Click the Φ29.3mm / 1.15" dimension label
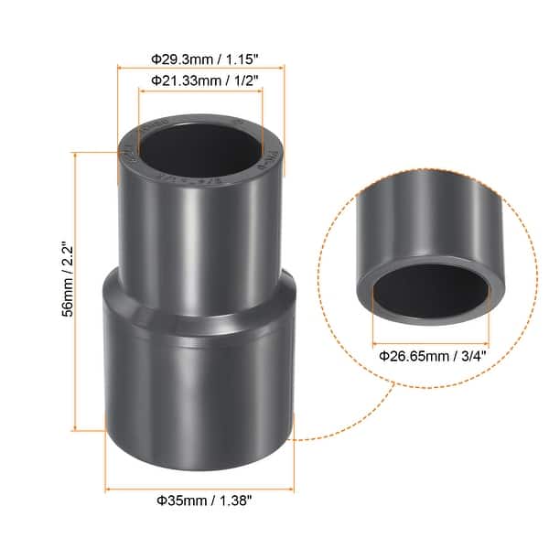click(202, 59)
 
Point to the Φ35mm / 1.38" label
click(199, 501)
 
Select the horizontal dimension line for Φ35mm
click(199, 485)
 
